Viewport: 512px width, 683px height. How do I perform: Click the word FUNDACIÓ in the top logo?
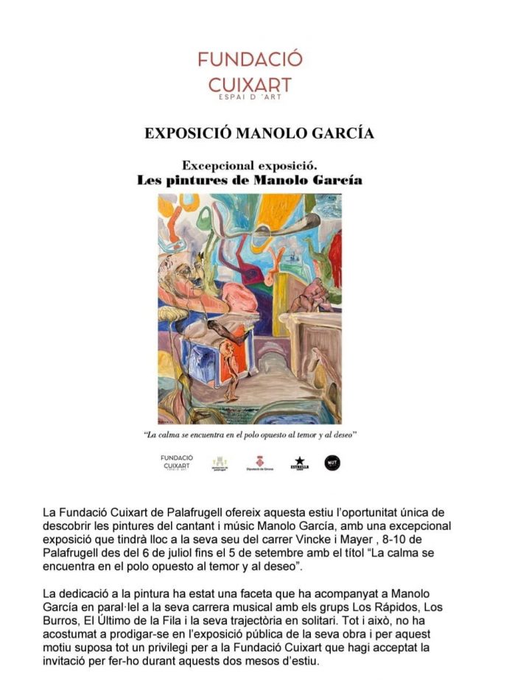pyautogui.click(x=250, y=59)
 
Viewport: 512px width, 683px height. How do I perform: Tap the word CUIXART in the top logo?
pyautogui.click(x=250, y=83)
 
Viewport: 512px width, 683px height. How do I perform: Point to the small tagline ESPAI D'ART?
pyautogui.click(x=250, y=97)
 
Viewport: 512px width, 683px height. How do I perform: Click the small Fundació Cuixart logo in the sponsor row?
pyautogui.click(x=177, y=462)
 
